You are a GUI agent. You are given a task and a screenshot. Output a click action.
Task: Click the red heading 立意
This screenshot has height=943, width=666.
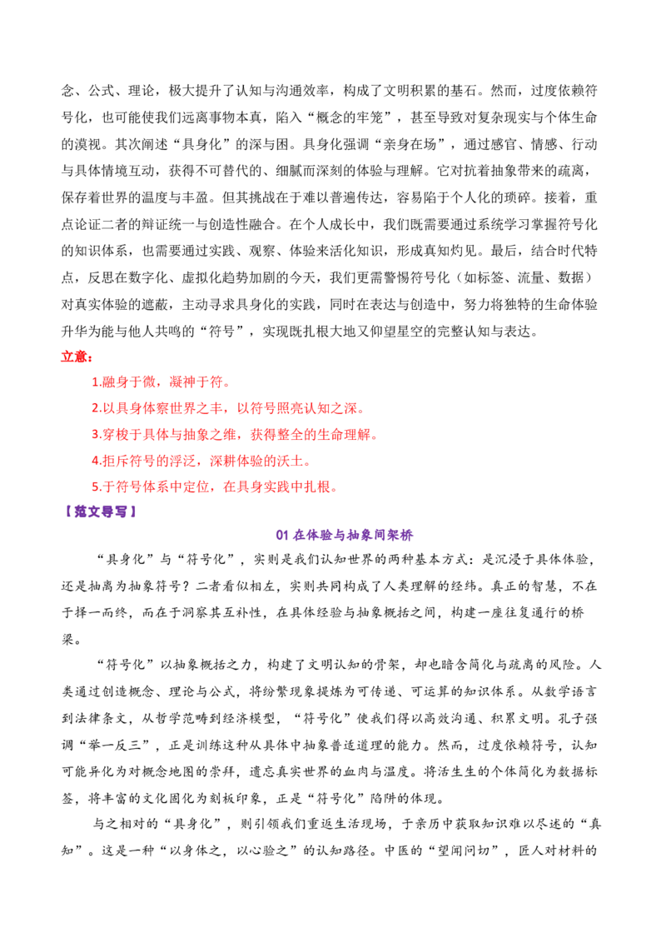click(x=77, y=357)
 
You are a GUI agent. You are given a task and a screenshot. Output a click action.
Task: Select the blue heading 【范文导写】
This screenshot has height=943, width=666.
click(x=100, y=511)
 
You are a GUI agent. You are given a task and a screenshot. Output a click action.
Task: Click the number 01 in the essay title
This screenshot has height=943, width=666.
click(x=282, y=535)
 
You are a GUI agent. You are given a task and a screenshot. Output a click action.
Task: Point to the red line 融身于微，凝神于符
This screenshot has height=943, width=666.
click(x=162, y=382)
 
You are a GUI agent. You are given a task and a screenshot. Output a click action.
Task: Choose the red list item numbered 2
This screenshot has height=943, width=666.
click(x=228, y=408)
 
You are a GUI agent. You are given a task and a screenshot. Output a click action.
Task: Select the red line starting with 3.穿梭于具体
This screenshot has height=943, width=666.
click(x=235, y=434)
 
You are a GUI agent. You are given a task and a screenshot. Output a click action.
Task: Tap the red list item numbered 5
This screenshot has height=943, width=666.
click(x=215, y=486)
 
